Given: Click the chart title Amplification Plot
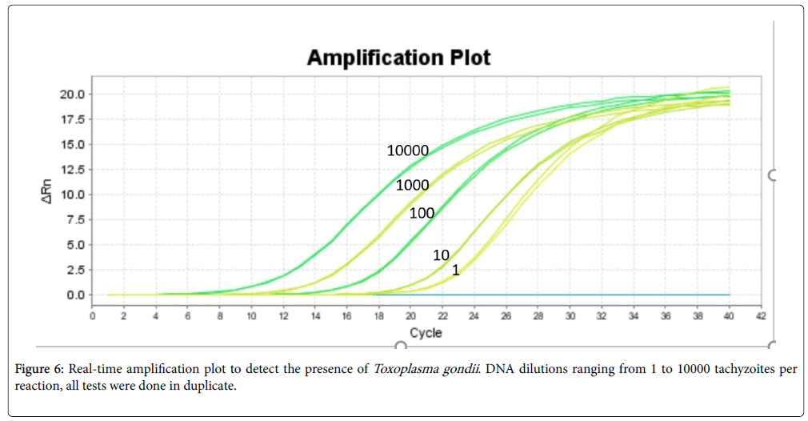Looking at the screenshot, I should tap(398, 58).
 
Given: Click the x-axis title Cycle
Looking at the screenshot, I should tap(426, 333).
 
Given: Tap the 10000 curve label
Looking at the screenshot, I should tap(407, 150).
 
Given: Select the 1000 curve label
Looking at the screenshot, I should tap(412, 185).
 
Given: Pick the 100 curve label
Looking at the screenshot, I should tap(422, 213).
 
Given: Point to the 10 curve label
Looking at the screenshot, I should tap(441, 255).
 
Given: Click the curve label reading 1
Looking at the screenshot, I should tap(455, 271).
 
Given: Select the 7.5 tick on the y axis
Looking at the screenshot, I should tap(78, 220).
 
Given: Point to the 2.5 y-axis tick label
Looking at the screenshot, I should tap(78, 270).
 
